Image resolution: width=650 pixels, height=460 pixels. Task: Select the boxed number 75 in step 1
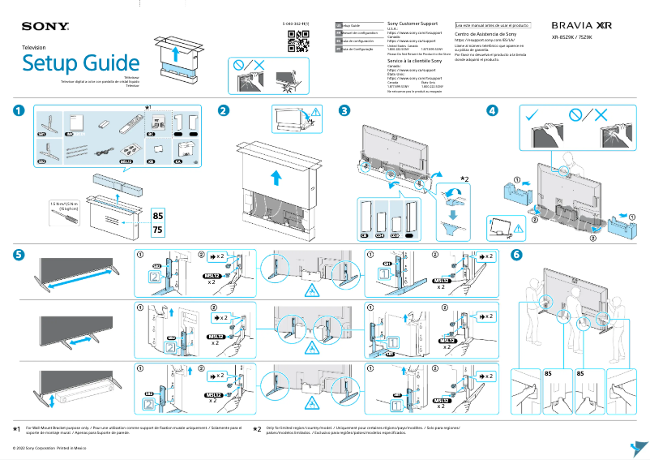click(x=160, y=230)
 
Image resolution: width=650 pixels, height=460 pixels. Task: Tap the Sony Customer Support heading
click(x=414, y=25)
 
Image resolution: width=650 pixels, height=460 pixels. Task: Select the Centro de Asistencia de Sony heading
click(x=485, y=35)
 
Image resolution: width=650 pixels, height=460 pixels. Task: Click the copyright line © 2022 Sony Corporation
click(x=49, y=447)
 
